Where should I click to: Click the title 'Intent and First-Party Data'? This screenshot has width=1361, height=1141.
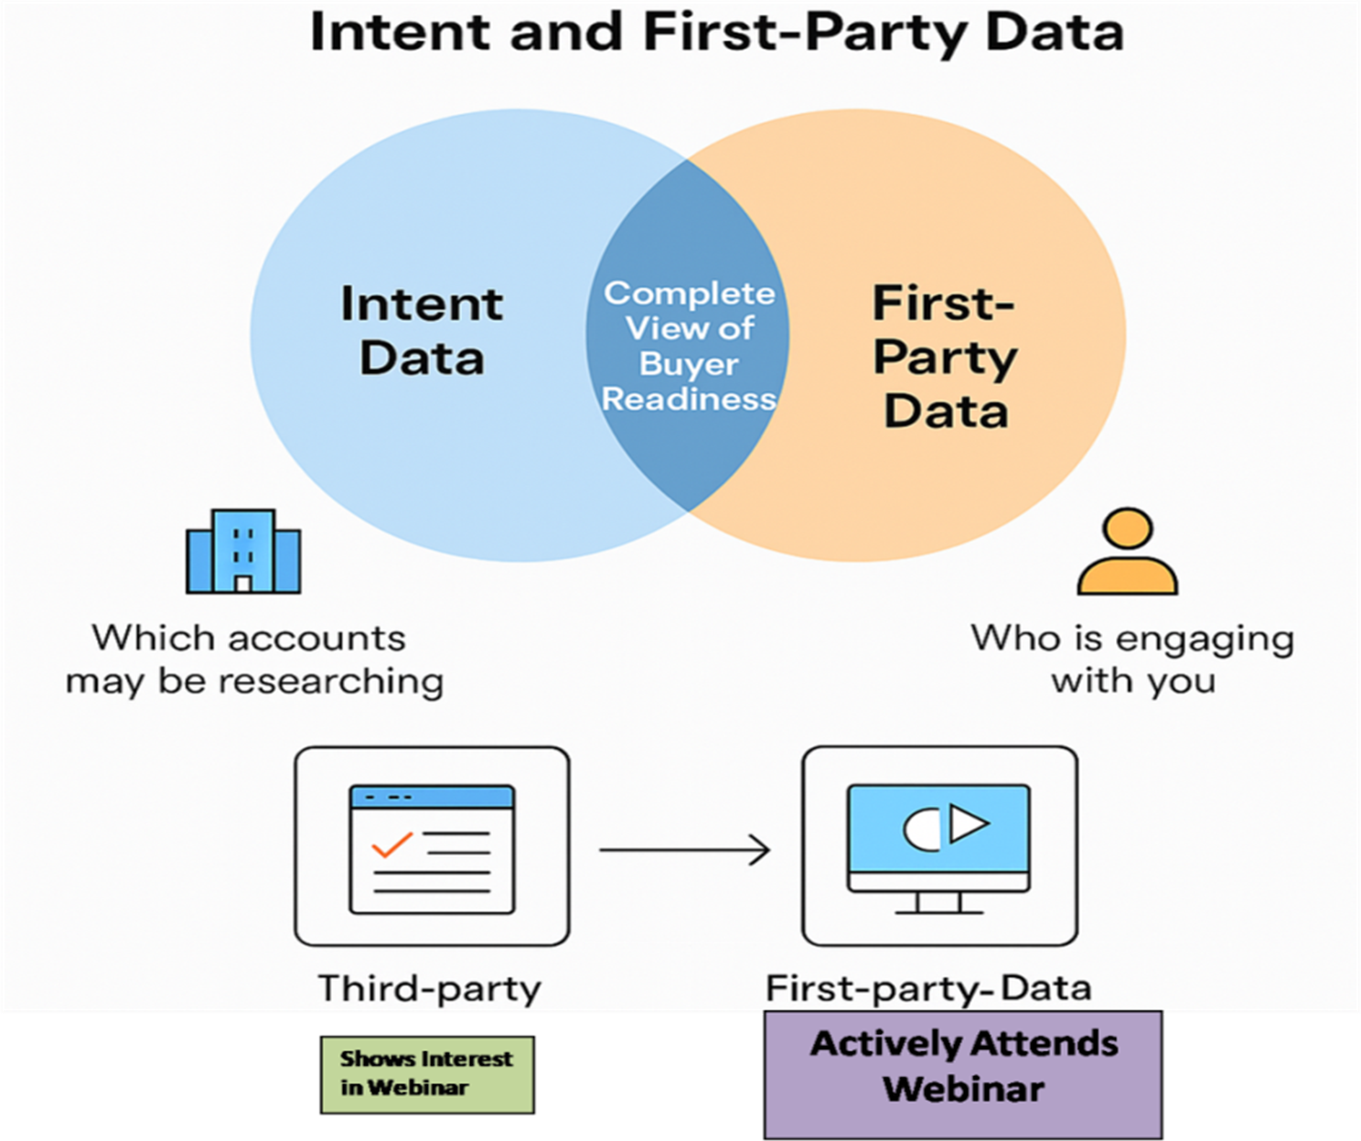pos(717,32)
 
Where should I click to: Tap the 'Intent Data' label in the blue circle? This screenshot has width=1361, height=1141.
pos(422,331)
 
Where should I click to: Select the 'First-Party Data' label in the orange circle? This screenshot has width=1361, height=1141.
pos(945,357)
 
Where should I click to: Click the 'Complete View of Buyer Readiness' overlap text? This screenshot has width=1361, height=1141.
pos(689,346)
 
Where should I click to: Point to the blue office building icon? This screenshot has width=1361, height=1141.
pos(243,552)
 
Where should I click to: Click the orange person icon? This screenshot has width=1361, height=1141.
pos(1128,552)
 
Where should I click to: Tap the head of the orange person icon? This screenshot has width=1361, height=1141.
pos(1129,528)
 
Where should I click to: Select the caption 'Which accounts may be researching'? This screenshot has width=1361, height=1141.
pos(255,660)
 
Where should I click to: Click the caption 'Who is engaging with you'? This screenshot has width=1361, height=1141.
pos(1133,660)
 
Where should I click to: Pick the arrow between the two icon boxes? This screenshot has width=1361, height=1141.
pos(684,849)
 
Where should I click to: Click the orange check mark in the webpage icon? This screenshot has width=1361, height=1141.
pos(391,845)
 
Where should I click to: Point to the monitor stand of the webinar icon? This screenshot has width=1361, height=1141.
pos(938,903)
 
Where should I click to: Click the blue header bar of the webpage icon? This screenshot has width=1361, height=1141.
pos(432,797)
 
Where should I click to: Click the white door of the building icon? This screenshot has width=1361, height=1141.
pos(243,584)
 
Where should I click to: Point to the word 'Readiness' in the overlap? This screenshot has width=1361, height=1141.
pos(689,398)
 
